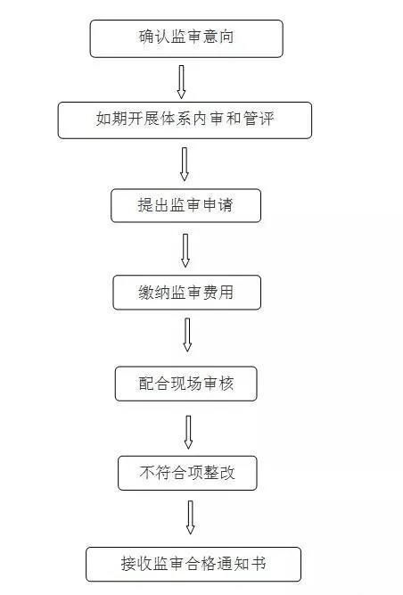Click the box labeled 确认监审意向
click(x=186, y=38)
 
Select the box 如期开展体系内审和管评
click(x=185, y=120)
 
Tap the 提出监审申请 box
click(x=185, y=205)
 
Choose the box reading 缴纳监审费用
click(x=187, y=293)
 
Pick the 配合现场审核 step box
click(x=185, y=384)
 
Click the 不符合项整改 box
click(x=187, y=473)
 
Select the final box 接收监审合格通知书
click(x=193, y=564)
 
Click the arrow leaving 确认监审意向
click(x=182, y=82)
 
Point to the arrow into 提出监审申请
click(x=185, y=164)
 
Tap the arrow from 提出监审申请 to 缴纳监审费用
click(x=185, y=251)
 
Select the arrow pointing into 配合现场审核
click(x=187, y=335)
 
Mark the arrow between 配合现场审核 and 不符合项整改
click(x=188, y=433)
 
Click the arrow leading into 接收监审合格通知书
click(x=190, y=517)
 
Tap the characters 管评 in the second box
click(x=259, y=119)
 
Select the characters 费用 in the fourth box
click(x=218, y=293)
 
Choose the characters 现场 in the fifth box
click(x=186, y=384)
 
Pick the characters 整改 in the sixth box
click(x=219, y=473)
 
